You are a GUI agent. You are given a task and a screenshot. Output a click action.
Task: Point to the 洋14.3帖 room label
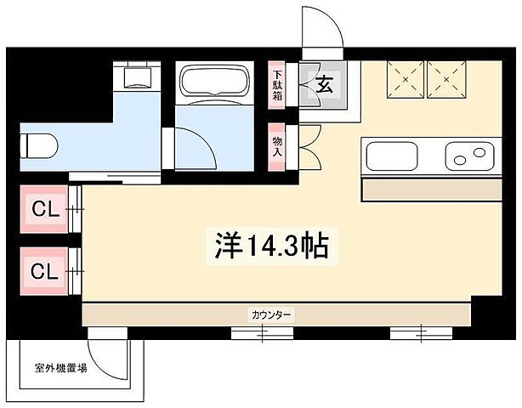tap(269, 246)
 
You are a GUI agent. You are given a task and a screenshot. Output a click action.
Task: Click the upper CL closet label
tap(46, 207)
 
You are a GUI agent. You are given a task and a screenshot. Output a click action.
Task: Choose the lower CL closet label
tap(46, 271)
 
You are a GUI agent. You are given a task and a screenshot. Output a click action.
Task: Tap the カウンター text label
tap(271, 314)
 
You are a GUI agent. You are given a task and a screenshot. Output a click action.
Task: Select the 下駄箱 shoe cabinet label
tap(278, 85)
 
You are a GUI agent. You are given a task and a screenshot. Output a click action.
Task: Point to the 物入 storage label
tap(278, 146)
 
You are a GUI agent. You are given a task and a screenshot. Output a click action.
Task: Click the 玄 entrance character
tap(324, 84)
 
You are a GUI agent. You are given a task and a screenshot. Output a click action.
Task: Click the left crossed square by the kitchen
tap(406, 81)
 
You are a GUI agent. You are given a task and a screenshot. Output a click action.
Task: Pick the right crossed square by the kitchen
tap(448, 81)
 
